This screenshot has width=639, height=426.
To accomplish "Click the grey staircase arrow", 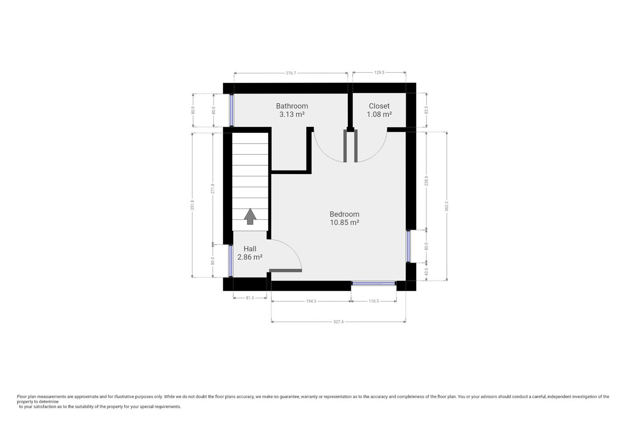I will click(x=250, y=217).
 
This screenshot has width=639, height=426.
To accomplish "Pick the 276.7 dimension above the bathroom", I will click(x=291, y=73).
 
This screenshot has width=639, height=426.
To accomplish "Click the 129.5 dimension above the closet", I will click(x=379, y=73).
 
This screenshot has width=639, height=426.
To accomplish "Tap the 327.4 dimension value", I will click(x=338, y=322).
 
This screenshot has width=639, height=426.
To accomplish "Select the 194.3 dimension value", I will click(x=311, y=301).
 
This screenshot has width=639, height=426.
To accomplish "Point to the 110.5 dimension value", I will click(x=374, y=301).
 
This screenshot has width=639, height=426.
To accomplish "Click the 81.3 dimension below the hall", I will click(x=250, y=298).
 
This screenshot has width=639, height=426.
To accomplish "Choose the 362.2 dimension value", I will click(x=447, y=206).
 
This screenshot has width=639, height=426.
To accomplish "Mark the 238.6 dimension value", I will click(x=426, y=181).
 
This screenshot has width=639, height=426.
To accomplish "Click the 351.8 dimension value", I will click(x=192, y=205).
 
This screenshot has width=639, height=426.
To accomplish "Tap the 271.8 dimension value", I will click(x=213, y=189).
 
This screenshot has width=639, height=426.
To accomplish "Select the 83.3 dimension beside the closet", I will click(x=426, y=110).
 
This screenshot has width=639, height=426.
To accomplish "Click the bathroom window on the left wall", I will click(x=232, y=110).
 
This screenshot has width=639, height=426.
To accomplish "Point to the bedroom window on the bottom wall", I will click(x=374, y=283).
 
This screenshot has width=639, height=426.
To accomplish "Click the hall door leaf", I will click(x=286, y=270).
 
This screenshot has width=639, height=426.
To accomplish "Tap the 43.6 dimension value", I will click(x=426, y=272).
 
